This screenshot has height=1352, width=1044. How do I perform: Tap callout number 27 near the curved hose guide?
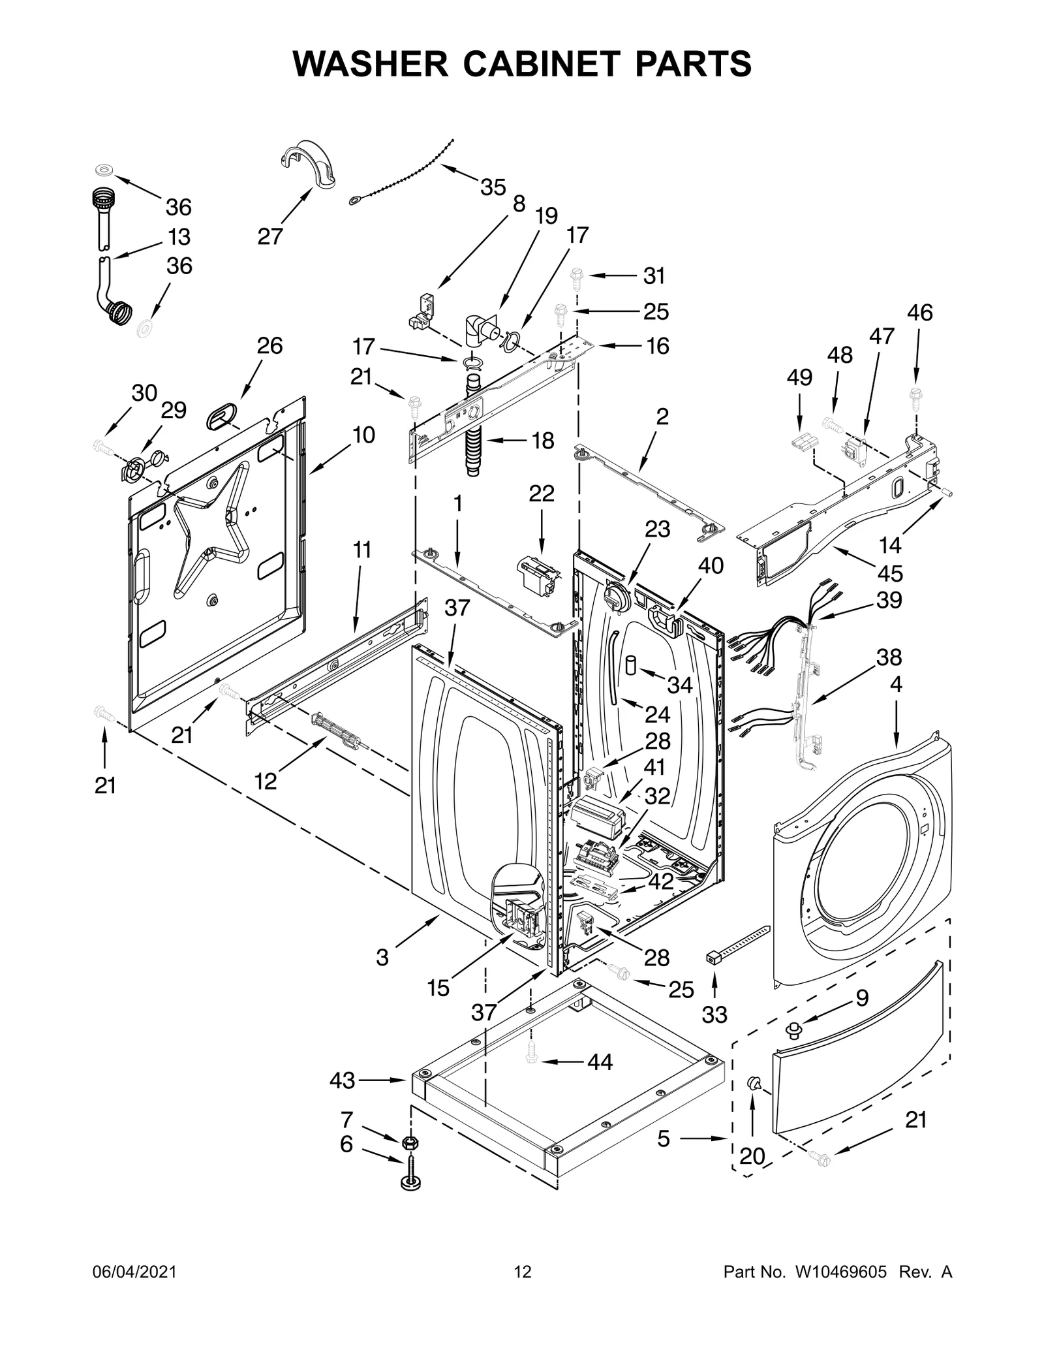tap(269, 236)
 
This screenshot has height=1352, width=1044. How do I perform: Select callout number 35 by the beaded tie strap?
tap(493, 187)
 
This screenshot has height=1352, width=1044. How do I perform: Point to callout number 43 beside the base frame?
tap(342, 1080)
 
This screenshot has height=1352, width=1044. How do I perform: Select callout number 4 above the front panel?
tap(896, 684)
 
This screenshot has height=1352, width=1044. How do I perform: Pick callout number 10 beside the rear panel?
tap(364, 435)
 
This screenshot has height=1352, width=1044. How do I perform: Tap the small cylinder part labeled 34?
tap(632, 666)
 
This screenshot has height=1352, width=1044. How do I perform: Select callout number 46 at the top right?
tap(919, 313)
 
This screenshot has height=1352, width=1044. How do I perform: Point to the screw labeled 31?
tap(577, 277)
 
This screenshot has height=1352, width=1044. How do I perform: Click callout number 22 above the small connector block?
tap(542, 494)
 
